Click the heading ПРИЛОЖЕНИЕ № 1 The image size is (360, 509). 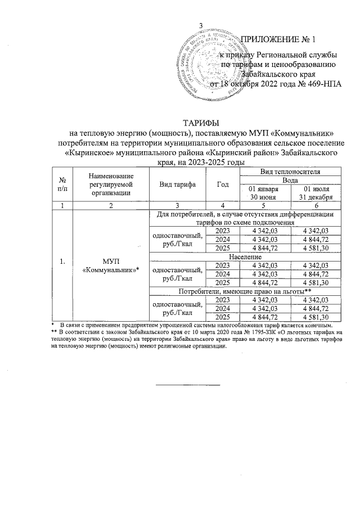click(278, 40)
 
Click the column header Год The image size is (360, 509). click(224, 184)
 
